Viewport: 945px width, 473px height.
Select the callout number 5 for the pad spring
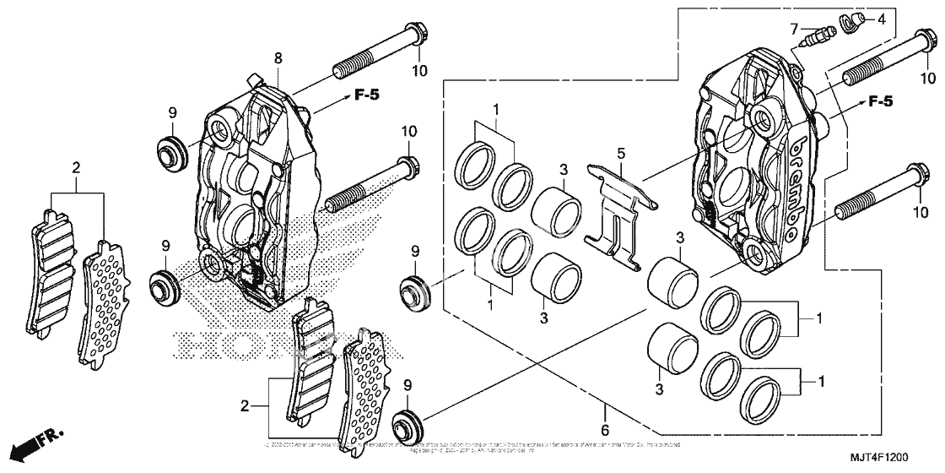point(620,155)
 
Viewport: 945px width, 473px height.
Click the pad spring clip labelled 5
point(620,215)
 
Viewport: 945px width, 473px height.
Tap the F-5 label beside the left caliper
point(365,95)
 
